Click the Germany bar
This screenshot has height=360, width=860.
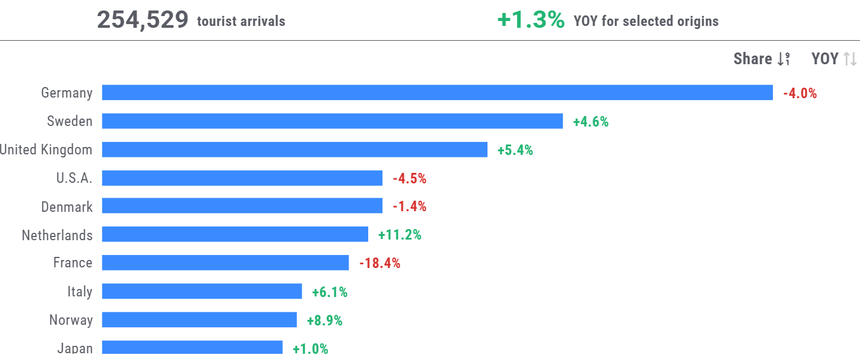437,93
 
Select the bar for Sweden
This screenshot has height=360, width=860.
332,121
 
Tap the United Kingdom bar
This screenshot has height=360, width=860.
295,149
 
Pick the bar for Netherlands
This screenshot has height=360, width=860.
235,235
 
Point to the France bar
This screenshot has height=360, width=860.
226,263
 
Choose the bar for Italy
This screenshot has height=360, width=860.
202,291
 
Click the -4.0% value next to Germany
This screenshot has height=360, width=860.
800,94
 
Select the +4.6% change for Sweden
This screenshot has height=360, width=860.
591,122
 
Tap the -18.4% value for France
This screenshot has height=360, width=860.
380,264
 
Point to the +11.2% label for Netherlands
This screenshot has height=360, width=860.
400,235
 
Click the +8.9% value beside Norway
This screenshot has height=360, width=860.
324,320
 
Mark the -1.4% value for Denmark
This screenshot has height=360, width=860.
410,207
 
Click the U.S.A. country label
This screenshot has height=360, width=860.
74,178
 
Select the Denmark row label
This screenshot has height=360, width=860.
67,207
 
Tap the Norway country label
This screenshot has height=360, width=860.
71,320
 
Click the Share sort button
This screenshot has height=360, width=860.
762,59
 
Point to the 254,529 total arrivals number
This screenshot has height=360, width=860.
143,20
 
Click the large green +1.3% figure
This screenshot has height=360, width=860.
531,20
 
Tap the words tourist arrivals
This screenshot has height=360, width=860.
241,22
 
